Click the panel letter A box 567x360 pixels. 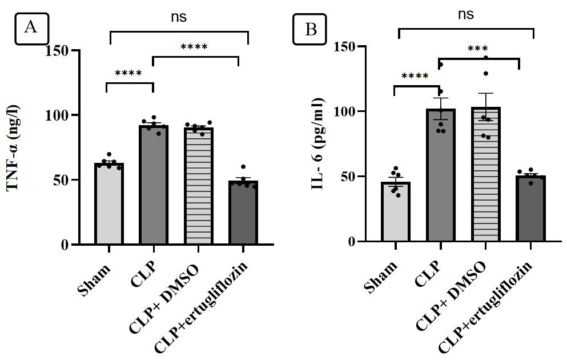coord(31,28)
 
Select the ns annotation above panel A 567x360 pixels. coord(179,18)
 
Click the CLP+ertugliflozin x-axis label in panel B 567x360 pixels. coord(486,306)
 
